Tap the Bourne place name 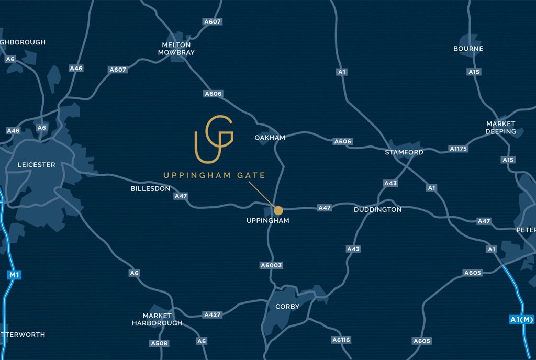468,49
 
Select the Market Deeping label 501,128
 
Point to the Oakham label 270,138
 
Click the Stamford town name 404,152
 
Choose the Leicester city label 36,165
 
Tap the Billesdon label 150,188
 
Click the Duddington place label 377,210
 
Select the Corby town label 287,307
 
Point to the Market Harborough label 157,319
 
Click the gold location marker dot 278,210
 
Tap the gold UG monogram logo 214,139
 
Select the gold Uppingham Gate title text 214,176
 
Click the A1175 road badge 459,149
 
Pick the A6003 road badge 271,265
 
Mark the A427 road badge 212,315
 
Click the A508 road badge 159,343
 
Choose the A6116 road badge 341,340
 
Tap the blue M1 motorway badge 13,274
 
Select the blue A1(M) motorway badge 521,319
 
